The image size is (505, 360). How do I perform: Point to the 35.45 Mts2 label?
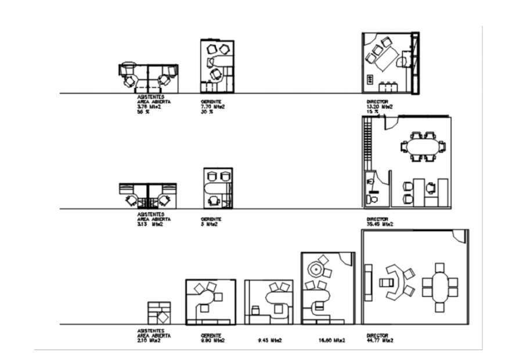pyautogui.click(x=379, y=224)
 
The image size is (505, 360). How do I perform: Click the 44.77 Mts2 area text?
pyautogui.click(x=379, y=340)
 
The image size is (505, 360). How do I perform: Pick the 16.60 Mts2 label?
pyautogui.click(x=331, y=341)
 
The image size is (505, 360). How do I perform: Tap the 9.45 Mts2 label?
pyautogui.click(x=269, y=341)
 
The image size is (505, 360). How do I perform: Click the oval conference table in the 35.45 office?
pyautogui.click(x=422, y=146)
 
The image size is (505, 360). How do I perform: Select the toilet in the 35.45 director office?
pyautogui.click(x=373, y=199)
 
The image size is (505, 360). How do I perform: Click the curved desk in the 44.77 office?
pyautogui.click(x=397, y=283)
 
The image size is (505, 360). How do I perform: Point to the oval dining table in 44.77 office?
pyautogui.click(x=441, y=286)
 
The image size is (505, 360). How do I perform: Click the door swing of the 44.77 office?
pyautogui.click(x=460, y=236)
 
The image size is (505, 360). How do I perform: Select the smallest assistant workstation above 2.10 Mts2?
pyautogui.click(x=160, y=313)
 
